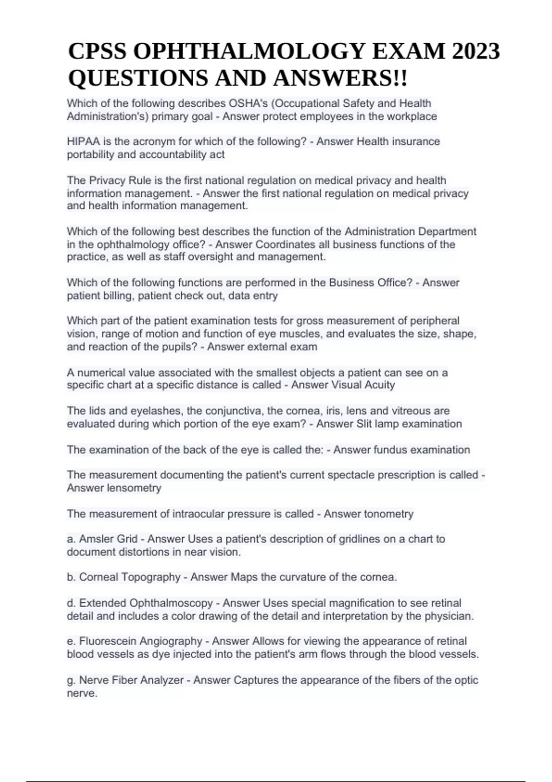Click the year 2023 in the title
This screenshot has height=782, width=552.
point(476,51)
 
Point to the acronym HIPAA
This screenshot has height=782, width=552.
point(84,142)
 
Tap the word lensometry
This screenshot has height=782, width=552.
point(134,488)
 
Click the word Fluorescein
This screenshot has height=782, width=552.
point(109,641)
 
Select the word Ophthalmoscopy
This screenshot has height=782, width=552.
point(171,603)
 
